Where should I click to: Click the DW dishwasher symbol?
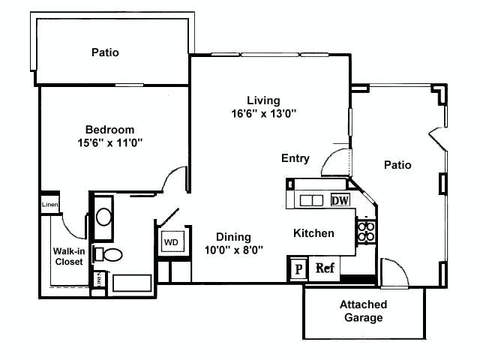[x=340, y=200]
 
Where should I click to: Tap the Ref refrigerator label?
[x=325, y=268]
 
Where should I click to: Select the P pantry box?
[x=298, y=268]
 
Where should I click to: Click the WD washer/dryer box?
[x=171, y=243]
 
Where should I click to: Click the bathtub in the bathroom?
[x=131, y=283]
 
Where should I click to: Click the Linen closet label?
[x=49, y=204]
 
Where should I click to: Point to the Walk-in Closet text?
[x=68, y=256]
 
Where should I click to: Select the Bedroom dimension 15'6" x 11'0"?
[x=109, y=142]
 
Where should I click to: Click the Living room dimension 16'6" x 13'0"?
[x=263, y=114]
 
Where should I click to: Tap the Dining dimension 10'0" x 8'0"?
[x=234, y=251]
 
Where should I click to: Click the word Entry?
[x=295, y=158]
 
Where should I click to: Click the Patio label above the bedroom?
[x=105, y=52]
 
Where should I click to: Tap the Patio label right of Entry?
[x=397, y=165]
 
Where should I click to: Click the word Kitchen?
[x=313, y=233]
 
